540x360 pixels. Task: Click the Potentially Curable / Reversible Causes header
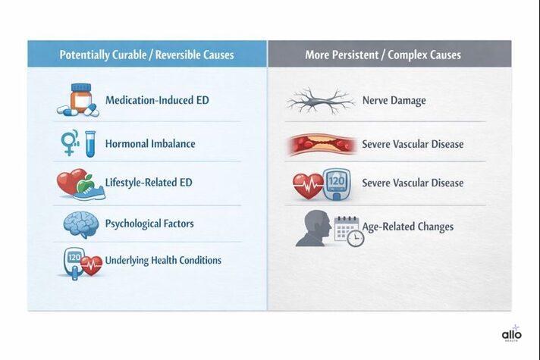click(146, 55)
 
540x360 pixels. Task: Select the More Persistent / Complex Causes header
click(382, 55)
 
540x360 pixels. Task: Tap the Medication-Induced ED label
click(157, 100)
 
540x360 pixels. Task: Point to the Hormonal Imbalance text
click(150, 143)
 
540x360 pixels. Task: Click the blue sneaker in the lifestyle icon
click(92, 192)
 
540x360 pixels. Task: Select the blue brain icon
click(80, 224)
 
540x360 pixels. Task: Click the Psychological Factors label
click(149, 224)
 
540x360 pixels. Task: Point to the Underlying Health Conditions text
click(163, 260)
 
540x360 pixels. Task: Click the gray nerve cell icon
click(320, 100)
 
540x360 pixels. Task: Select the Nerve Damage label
click(394, 100)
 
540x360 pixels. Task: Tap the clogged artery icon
click(319, 144)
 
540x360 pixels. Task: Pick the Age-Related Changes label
click(407, 227)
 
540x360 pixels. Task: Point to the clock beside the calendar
click(354, 238)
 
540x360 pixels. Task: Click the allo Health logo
click(512, 333)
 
